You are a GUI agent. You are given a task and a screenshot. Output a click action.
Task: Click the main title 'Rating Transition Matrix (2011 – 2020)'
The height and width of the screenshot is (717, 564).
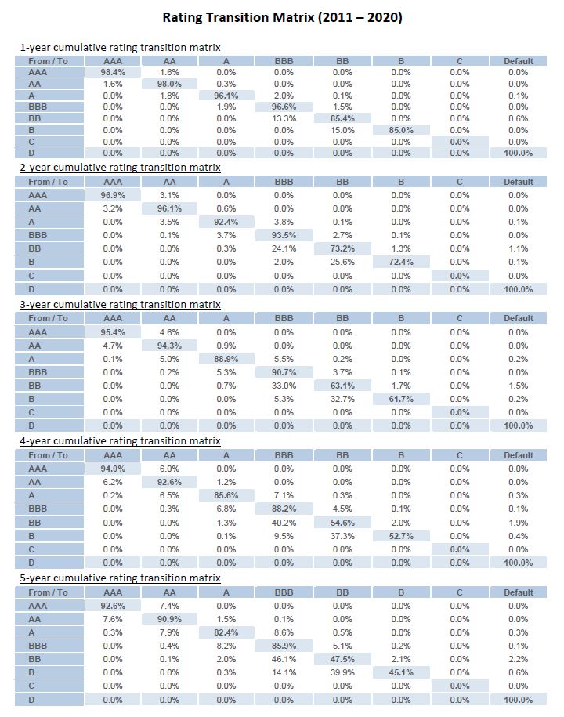tap(283, 18)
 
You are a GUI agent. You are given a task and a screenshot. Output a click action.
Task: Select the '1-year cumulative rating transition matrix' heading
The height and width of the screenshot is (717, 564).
tap(120, 48)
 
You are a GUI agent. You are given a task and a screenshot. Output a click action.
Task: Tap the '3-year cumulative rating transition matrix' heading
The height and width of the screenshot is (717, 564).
tap(120, 305)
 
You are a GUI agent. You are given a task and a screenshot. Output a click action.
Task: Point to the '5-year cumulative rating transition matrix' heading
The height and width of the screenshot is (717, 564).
tap(120, 578)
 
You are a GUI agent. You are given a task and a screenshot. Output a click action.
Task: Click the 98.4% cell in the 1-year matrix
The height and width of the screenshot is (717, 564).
tap(113, 72)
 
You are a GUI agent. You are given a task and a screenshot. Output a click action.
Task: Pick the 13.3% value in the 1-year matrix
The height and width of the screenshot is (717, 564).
tap(284, 118)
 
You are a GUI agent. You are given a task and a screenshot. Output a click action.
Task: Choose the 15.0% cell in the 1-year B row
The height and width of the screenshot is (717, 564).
tap(342, 130)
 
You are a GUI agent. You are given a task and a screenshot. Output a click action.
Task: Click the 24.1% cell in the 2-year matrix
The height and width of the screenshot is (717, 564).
tap(284, 248)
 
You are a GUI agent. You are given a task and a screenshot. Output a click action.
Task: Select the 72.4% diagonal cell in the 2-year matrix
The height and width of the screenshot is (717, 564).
tap(401, 262)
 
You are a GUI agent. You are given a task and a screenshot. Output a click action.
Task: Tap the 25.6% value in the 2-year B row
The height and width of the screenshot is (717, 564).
tap(342, 262)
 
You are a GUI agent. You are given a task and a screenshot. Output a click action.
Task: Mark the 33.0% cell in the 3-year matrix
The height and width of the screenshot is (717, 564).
tap(284, 386)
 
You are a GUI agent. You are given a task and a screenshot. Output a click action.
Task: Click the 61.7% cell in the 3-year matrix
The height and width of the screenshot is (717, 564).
tap(401, 399)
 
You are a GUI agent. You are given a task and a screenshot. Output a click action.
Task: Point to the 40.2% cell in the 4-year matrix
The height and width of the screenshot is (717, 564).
tap(284, 523)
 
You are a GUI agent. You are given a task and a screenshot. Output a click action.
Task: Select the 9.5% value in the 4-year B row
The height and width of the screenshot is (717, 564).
tap(284, 536)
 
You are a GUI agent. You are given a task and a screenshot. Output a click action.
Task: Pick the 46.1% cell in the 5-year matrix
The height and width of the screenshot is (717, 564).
tap(284, 659)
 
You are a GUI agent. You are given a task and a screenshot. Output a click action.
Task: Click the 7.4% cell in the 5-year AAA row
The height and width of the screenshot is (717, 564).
tap(169, 606)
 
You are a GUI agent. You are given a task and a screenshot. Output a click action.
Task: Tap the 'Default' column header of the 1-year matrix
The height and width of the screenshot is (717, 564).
tap(519, 61)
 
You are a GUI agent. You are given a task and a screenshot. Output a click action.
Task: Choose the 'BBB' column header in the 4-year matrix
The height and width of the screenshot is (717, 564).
tap(284, 455)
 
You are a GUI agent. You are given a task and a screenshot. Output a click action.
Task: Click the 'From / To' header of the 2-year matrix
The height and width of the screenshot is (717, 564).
tap(48, 182)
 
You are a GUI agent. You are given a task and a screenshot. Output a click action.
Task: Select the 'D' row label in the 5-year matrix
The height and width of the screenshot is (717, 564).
tap(31, 700)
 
